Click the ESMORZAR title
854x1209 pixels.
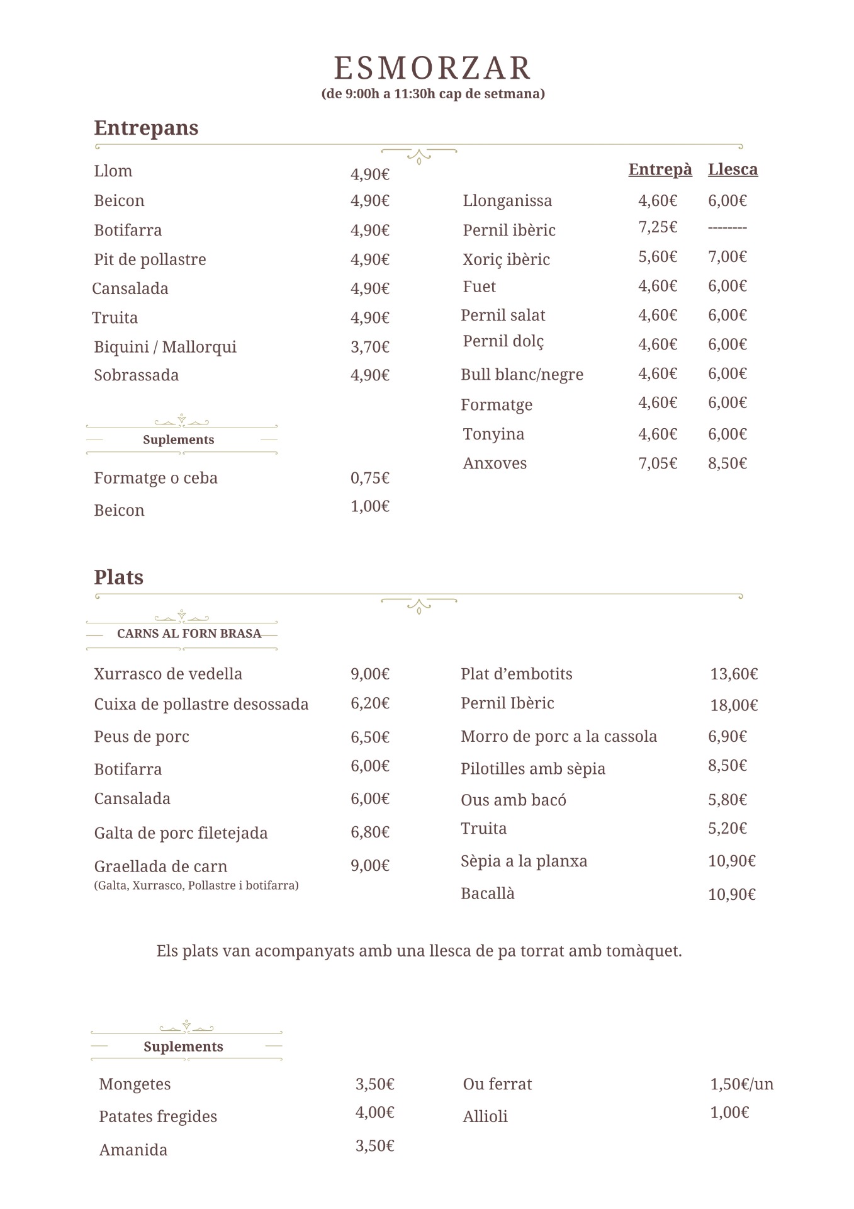432,68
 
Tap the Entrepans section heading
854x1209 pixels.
146,128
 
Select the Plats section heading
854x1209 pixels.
118,577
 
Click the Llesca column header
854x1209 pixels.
733,169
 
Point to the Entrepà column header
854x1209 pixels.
660,169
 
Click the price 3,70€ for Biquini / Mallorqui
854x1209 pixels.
370,347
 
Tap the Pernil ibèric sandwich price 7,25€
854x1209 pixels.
658,227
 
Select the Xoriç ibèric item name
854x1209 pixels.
506,259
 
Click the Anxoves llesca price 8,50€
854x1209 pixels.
728,463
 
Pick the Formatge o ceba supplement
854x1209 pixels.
155,478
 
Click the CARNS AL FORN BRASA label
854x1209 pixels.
189,633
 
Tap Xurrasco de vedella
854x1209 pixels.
168,674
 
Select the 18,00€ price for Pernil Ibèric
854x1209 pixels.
734,705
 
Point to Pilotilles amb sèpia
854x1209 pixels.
533,769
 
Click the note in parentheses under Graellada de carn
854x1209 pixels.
196,885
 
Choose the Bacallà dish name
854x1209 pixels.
488,894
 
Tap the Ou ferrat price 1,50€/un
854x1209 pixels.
741,1084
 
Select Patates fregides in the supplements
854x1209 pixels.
158,1116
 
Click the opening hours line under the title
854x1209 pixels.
433,94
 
